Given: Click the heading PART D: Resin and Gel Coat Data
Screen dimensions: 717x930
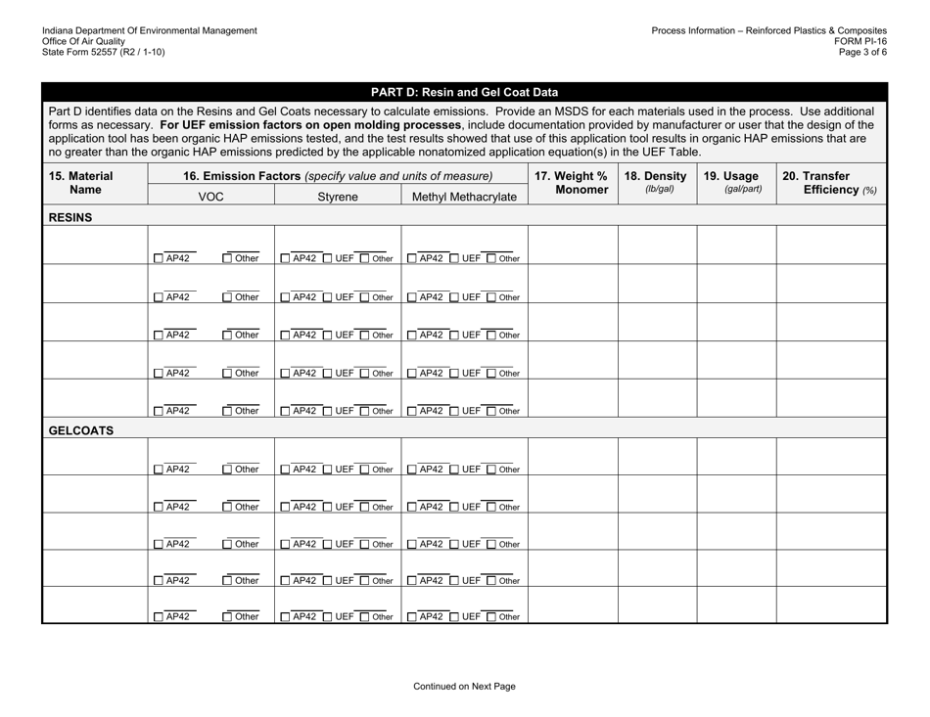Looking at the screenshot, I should click(x=465, y=93).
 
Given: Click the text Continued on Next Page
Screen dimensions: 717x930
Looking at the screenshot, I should click(x=465, y=687).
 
